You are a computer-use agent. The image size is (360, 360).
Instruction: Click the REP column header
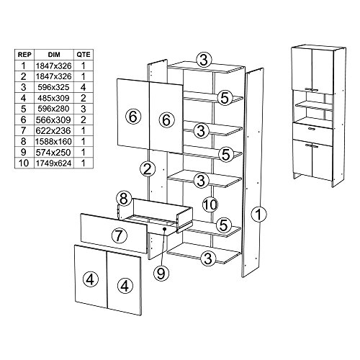point(24,55)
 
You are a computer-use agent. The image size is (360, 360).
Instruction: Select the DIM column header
point(54,55)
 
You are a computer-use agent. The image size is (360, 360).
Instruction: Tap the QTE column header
point(84,55)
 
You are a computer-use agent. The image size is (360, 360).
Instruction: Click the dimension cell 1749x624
point(54,163)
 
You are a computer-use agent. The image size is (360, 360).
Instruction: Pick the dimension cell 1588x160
point(54,142)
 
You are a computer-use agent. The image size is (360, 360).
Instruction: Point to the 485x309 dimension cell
point(54,98)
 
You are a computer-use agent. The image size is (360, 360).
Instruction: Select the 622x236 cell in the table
point(54,131)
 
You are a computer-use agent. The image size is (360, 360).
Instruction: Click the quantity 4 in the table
point(84,87)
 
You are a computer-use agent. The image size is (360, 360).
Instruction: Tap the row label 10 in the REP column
point(24,163)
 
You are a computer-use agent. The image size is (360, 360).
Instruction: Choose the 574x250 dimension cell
point(54,153)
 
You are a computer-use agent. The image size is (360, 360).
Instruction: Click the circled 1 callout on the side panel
point(258,214)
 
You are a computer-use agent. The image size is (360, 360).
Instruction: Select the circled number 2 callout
point(148,169)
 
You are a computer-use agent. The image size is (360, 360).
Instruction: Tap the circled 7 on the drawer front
point(120,235)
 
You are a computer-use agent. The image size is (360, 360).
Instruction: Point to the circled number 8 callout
point(124,199)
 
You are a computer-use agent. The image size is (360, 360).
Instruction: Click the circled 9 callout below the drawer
point(161,273)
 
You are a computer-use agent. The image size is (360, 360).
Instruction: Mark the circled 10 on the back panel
point(210,204)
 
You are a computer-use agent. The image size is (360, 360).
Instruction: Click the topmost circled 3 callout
point(204,60)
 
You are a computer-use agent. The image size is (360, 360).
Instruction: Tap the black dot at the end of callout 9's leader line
point(165,229)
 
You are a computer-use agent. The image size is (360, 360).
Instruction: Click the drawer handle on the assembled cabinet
point(312,129)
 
